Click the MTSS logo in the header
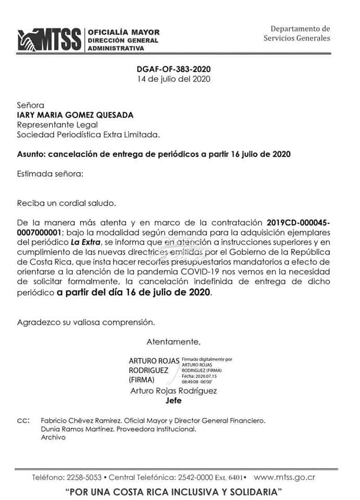click(x=50, y=40)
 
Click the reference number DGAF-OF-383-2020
click(x=174, y=69)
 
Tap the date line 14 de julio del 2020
click(x=174, y=79)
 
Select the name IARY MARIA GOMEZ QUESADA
click(x=75, y=115)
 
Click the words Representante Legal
click(x=57, y=125)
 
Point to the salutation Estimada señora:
click(x=49, y=173)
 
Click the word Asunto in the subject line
click(x=30, y=154)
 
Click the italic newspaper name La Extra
click(x=85, y=242)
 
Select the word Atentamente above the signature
click(x=173, y=342)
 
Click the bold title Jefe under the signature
click(x=173, y=401)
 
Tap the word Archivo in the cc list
click(x=53, y=438)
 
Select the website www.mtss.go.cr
click(x=284, y=477)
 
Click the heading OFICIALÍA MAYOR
click(x=123, y=32)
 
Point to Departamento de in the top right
click(x=300, y=29)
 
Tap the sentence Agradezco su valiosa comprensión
click(x=86, y=322)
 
